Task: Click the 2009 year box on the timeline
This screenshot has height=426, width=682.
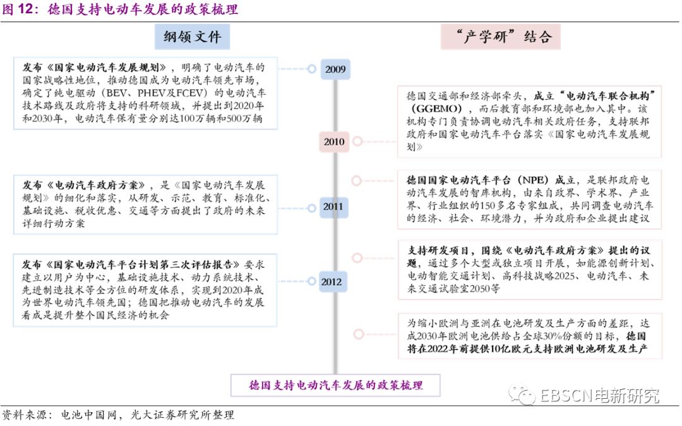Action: coord(335,69)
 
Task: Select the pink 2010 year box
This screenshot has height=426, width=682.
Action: coord(335,142)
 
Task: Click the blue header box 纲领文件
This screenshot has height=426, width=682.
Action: coord(193,37)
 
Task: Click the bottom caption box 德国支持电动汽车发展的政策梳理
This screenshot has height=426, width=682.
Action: coord(335,385)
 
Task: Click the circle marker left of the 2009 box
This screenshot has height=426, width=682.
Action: coord(311,68)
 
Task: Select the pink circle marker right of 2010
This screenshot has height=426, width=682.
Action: coord(357,142)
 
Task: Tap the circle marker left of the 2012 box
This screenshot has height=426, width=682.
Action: coord(311,281)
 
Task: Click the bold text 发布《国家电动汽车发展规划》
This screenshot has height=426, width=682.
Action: coord(95,68)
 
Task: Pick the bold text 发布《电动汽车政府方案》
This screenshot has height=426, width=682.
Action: coord(87,186)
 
